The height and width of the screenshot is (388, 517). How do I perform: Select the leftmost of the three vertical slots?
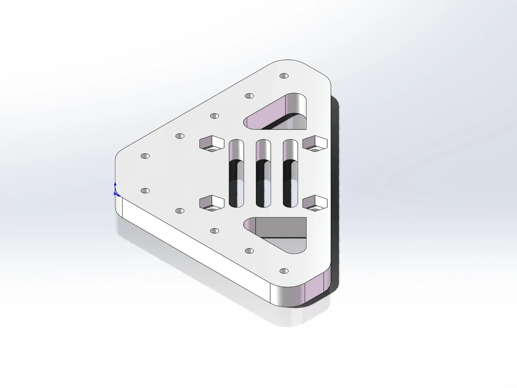(236, 173)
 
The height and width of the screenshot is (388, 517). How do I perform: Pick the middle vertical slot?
(263, 173)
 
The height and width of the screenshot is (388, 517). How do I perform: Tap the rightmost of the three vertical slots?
(290, 173)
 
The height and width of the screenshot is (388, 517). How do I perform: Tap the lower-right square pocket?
(315, 203)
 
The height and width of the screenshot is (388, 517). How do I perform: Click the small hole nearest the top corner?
(284, 76)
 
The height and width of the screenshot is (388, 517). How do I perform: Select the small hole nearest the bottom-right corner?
(284, 271)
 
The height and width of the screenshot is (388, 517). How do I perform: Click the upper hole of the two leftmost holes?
(145, 156)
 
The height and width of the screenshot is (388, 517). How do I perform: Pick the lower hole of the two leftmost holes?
(145, 190)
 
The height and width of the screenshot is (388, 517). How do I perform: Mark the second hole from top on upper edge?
(249, 96)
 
